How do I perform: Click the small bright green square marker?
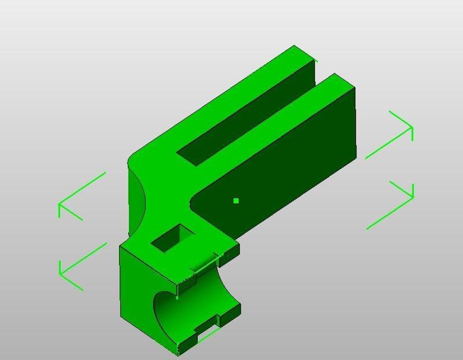point(236,201)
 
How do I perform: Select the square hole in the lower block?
point(172,238)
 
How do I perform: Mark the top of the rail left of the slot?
point(231,98)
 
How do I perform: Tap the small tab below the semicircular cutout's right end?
point(229,313)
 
